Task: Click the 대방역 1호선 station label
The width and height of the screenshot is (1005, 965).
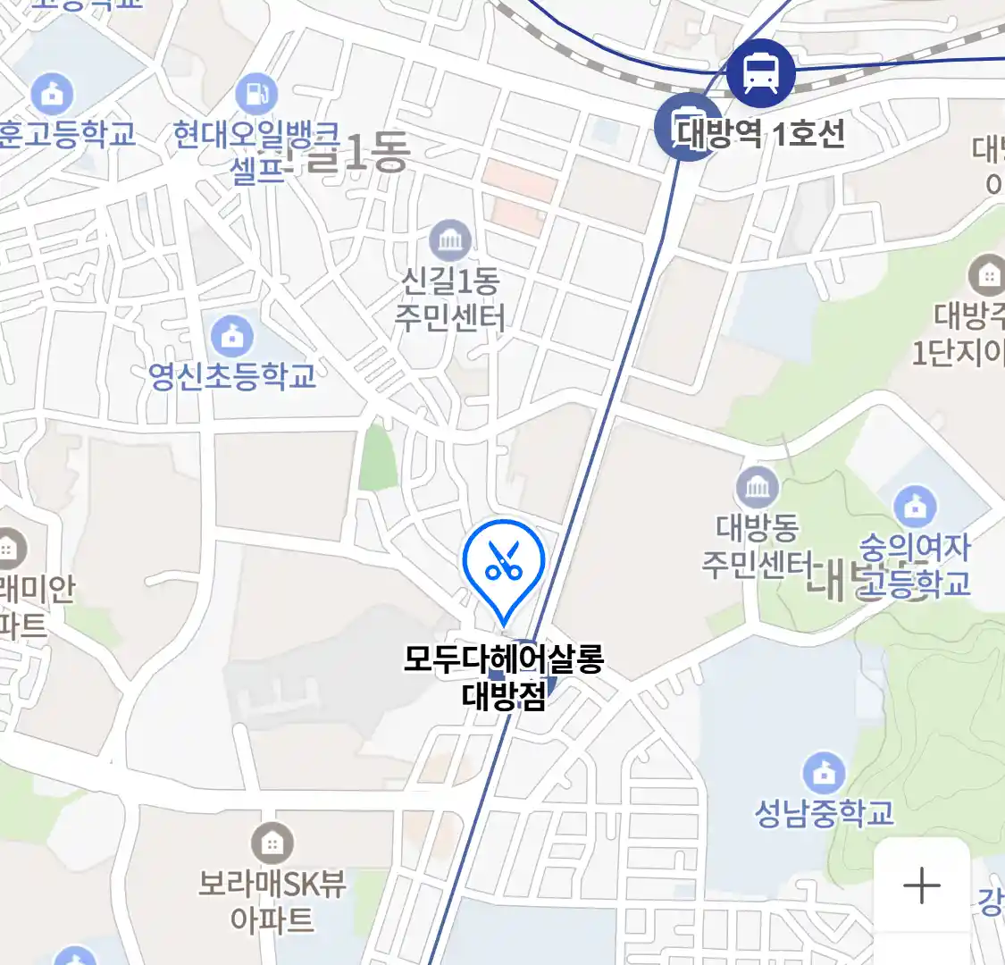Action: tap(760, 134)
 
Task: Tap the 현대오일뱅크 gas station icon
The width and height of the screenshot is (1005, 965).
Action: tap(256, 94)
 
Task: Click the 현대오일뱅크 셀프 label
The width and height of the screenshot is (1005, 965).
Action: tap(256, 150)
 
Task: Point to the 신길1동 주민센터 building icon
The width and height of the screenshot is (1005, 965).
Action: tap(450, 240)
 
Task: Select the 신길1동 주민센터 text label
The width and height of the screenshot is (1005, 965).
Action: tap(450, 299)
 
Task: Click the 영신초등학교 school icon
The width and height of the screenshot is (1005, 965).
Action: tap(232, 337)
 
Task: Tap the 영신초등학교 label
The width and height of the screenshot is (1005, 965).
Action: tap(232, 375)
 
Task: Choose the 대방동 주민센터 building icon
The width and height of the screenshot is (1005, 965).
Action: tap(758, 488)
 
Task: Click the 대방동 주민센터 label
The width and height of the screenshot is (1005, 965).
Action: tap(756, 545)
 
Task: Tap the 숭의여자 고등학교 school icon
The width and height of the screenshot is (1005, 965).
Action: tap(915, 508)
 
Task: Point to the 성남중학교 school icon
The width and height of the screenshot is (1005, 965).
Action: tap(824, 773)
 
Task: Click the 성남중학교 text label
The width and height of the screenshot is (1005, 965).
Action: tap(824, 813)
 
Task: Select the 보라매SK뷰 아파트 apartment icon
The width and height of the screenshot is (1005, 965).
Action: tap(272, 843)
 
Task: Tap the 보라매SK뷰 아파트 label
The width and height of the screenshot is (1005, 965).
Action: tap(272, 901)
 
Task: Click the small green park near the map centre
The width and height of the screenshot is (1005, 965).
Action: tap(378, 458)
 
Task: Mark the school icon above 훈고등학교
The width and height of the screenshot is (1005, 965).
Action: tap(51, 93)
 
